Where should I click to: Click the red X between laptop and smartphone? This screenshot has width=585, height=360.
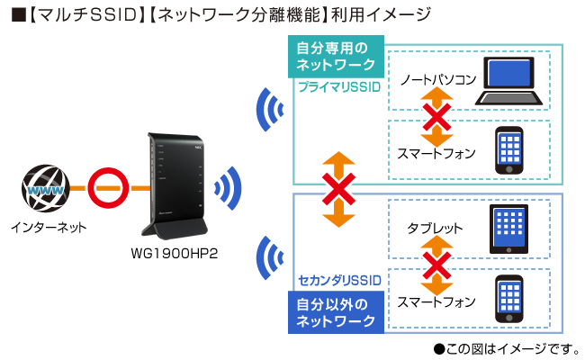(x=436, y=116)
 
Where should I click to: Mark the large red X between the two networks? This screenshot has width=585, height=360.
(x=338, y=190)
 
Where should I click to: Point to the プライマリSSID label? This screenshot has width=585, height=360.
(x=339, y=85)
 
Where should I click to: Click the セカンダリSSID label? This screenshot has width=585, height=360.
(x=338, y=282)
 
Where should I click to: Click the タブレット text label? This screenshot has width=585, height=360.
(x=433, y=229)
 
